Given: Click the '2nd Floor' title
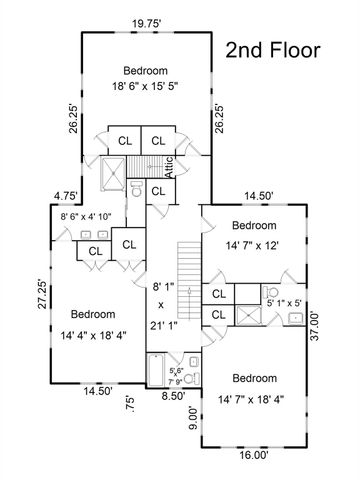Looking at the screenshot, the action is click(x=273, y=50).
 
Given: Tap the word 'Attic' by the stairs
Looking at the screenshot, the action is click(x=169, y=167).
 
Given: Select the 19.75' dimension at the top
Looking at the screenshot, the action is click(x=147, y=24).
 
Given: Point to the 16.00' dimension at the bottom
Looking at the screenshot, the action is click(x=254, y=455).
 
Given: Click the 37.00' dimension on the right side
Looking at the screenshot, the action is click(x=315, y=326).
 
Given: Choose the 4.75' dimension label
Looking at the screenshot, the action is click(x=67, y=196).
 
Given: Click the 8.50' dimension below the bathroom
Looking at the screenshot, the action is click(x=173, y=396).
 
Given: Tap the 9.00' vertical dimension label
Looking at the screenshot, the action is click(x=194, y=418).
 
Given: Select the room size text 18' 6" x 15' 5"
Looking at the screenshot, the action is click(x=145, y=87).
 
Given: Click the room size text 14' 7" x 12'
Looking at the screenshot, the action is click(x=252, y=246).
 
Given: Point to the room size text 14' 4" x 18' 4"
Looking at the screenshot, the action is click(x=93, y=335).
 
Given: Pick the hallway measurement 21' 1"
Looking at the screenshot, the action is click(x=163, y=326).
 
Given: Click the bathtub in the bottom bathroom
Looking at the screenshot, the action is click(x=156, y=370).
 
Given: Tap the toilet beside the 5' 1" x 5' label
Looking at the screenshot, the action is click(x=271, y=293).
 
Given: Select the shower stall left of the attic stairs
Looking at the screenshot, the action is click(x=113, y=174).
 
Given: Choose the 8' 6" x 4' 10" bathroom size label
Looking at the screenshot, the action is click(x=86, y=217).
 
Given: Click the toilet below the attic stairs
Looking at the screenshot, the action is click(x=136, y=189).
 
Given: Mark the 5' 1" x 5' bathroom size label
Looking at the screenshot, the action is click(x=285, y=304).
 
